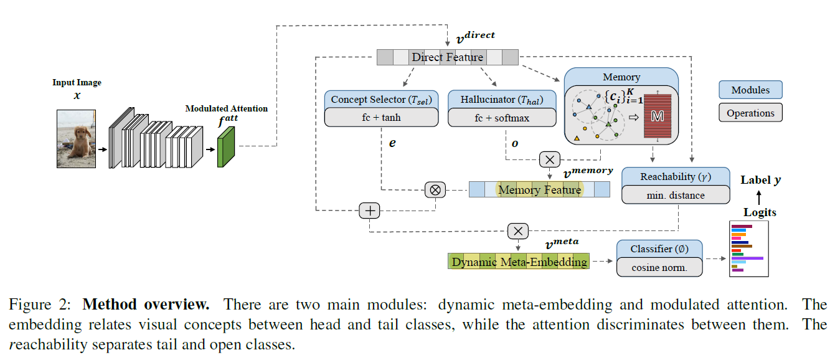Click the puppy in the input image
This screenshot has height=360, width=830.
coord(77,143)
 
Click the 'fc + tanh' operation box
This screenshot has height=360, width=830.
coord(381,117)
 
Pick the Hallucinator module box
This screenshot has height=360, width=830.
coord(502,100)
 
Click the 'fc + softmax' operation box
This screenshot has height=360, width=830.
coord(502,117)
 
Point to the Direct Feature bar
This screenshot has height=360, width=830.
coord(447,57)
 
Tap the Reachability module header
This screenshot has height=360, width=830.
coord(676,177)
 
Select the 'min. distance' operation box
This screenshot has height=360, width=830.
coord(676,195)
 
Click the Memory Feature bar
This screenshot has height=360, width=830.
coord(539,189)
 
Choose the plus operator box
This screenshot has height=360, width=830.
coord(370,211)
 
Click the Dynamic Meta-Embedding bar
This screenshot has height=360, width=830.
coord(519,262)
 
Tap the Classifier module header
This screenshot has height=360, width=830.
coord(659,249)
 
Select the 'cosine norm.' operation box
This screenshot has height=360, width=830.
coord(659,267)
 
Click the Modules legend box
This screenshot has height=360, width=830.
coord(750,90)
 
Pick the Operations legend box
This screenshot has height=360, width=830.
coord(750,113)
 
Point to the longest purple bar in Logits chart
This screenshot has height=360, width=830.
coord(747,257)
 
